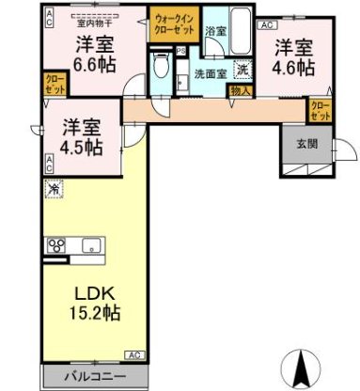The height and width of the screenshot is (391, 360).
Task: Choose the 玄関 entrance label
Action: click(306, 144)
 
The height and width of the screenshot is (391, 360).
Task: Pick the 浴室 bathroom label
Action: click(216, 31)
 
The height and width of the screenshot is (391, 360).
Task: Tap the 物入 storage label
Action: click(241, 91)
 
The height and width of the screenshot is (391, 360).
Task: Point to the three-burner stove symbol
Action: click(56, 247)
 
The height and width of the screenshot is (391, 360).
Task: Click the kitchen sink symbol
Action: click(93, 247)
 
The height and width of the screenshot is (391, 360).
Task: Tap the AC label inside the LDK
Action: click(134, 355)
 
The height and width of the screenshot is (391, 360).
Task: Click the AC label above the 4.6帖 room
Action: click(266, 25)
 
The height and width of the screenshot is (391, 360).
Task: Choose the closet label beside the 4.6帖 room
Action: click(320, 111)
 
